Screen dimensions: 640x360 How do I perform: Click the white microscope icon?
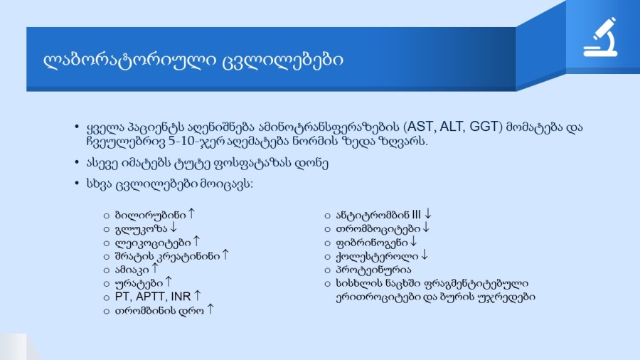click(x=600, y=37)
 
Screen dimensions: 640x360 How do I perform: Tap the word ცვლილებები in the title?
click(x=282, y=60)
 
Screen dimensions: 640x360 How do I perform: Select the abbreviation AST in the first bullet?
click(x=420, y=127)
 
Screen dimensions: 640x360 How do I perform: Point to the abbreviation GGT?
click(x=484, y=127)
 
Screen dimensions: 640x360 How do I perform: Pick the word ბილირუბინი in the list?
click(x=150, y=215)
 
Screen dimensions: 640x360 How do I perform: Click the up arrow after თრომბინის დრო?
click(x=210, y=309)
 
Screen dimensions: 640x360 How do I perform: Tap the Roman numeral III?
click(x=416, y=215)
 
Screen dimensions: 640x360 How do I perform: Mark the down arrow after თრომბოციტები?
click(x=426, y=227)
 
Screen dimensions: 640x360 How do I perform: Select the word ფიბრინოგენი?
click(x=371, y=243)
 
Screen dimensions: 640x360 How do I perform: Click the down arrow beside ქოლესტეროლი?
click(x=425, y=255)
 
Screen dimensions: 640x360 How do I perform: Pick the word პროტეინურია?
click(x=373, y=270)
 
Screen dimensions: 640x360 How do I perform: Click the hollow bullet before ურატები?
click(x=107, y=284)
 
